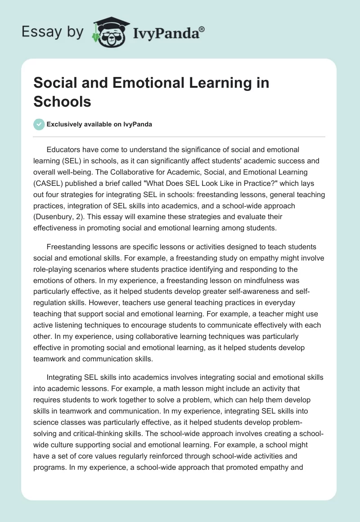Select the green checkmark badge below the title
(39, 124)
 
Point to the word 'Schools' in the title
(63, 101)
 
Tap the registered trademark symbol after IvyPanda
(202, 28)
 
